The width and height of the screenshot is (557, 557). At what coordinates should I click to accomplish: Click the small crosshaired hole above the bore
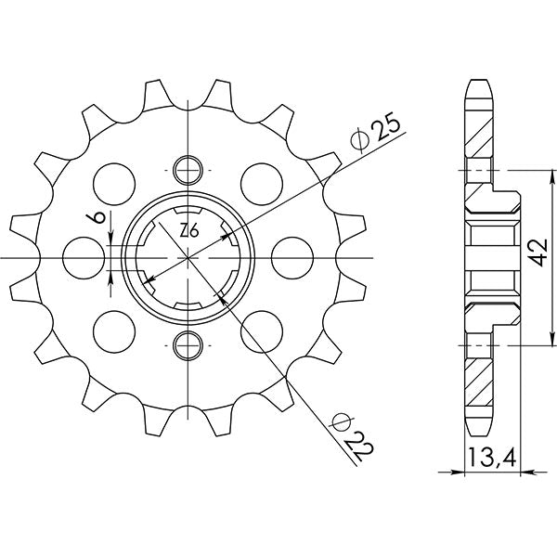(x=188, y=170)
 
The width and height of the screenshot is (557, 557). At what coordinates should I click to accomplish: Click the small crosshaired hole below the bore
(x=188, y=344)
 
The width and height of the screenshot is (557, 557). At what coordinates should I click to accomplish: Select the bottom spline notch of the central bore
(x=188, y=309)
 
